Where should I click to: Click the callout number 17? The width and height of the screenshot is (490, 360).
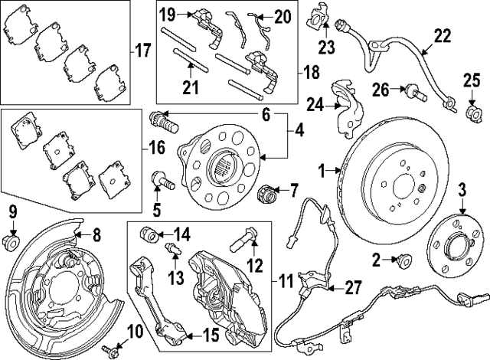(142, 52)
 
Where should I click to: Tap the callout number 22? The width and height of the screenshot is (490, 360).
(442, 35)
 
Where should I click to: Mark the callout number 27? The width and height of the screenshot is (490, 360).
(353, 288)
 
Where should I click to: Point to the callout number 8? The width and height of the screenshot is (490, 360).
(96, 234)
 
